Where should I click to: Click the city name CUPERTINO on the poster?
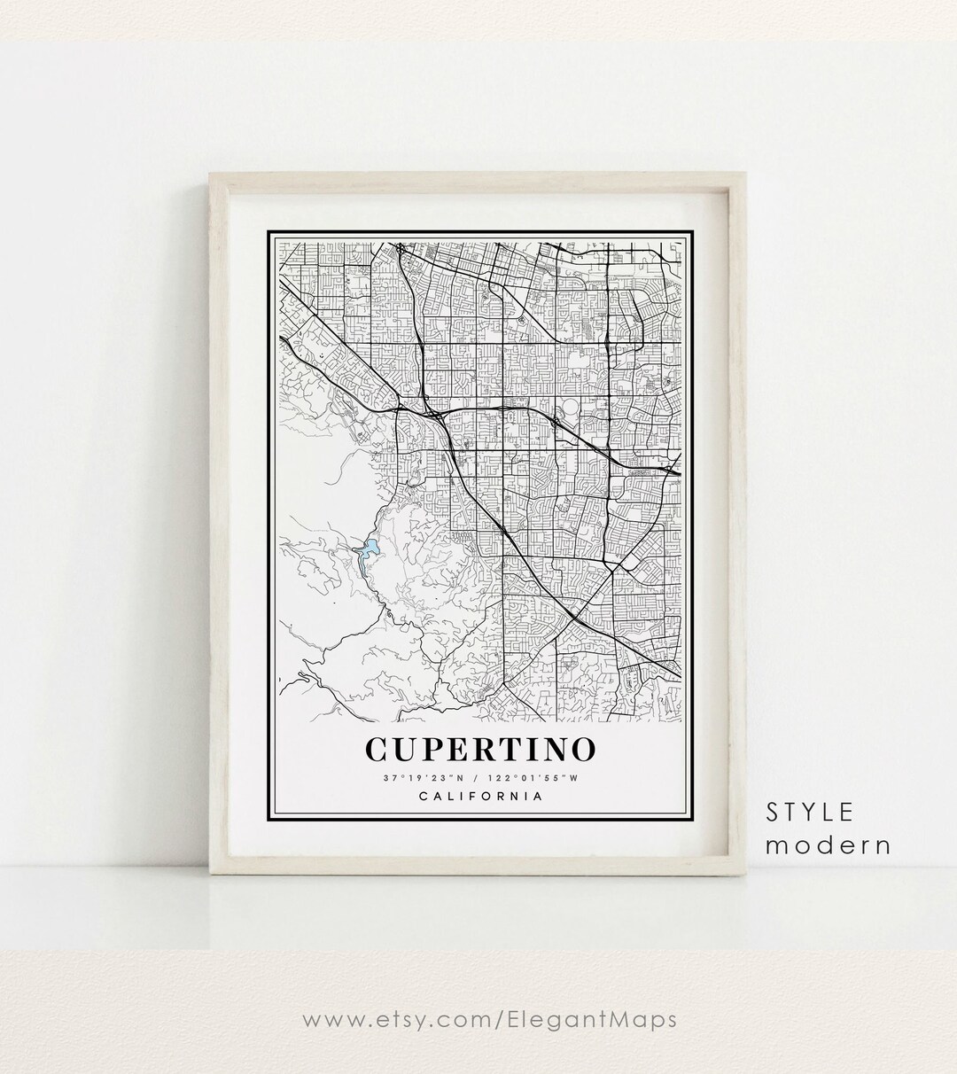coord(479,748)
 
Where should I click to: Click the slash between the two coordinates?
coord(478,778)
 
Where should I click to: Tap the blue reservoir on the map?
coord(367,550)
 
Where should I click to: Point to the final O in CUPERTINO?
coord(581,748)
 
